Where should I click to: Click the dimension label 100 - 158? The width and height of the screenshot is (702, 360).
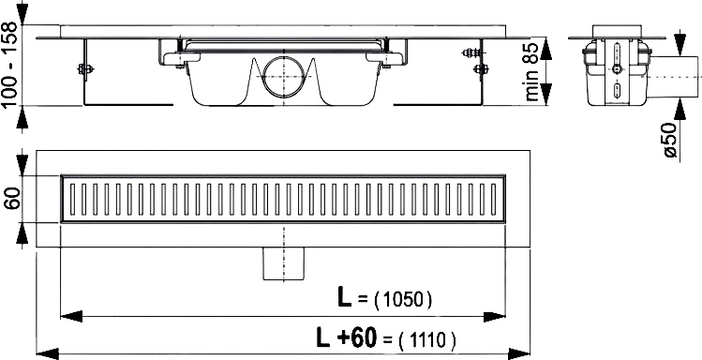click(9, 64)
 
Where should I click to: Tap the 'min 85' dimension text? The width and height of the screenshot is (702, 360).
click(531, 71)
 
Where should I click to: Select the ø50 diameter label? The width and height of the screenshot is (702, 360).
click(671, 140)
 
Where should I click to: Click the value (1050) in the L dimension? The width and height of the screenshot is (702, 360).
click(402, 300)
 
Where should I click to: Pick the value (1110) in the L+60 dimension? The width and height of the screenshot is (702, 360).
click(426, 340)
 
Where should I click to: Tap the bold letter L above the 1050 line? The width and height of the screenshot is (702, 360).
click(344, 299)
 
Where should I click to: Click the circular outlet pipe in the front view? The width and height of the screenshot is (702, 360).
click(283, 77)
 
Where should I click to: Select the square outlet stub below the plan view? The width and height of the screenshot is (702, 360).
click(283, 263)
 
